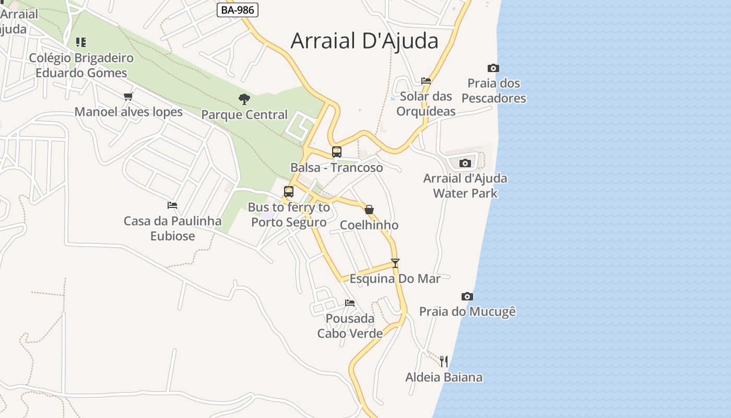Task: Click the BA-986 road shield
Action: (238, 10)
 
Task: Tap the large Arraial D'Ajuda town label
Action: (364, 41)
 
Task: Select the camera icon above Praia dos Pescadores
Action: (493, 68)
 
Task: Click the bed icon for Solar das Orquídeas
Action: (426, 81)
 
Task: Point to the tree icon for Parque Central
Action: (244, 99)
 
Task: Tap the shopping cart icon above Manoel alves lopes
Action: (128, 96)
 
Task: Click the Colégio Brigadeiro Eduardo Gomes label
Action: (81, 65)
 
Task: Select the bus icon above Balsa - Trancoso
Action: (337, 152)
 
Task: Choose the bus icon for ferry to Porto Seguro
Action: (289, 192)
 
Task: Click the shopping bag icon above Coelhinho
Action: (369, 210)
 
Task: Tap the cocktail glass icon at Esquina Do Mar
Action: (395, 263)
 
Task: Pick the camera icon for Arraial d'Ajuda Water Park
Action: (465, 163)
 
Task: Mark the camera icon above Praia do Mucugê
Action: (467, 297)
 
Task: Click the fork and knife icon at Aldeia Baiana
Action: (444, 361)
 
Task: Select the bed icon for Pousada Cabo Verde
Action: (350, 303)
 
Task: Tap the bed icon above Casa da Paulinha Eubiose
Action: (172, 205)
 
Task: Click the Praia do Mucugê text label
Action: (467, 312)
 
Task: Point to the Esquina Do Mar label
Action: (395, 278)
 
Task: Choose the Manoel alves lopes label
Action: (128, 112)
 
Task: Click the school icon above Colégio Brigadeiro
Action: (80, 42)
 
